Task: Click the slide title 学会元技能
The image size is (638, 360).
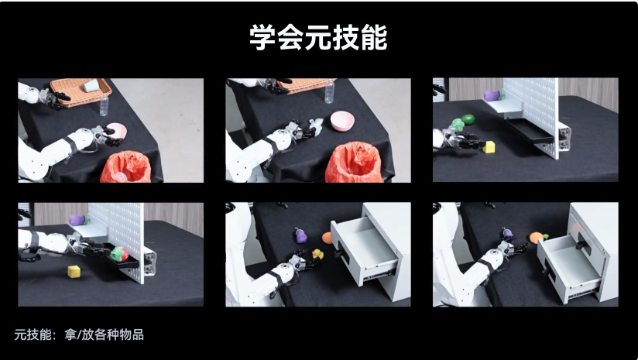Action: tap(318, 37)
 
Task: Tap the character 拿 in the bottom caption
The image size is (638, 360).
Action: tap(70, 334)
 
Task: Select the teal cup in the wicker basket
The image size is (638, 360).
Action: tap(91, 86)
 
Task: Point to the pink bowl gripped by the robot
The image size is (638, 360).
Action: tap(116, 132)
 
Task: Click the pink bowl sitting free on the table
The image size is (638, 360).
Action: tap(342, 121)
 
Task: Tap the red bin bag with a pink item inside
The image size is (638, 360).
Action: tap(126, 166)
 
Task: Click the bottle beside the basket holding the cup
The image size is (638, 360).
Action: tap(105, 105)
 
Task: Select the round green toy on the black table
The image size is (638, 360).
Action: tap(468, 119)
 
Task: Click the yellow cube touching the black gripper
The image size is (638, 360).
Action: tap(489, 147)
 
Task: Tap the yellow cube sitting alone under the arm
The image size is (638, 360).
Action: tap(74, 271)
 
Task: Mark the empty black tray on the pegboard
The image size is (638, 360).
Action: tap(530, 131)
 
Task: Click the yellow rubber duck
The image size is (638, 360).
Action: tap(317, 254)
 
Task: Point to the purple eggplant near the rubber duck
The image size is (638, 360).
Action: tap(300, 236)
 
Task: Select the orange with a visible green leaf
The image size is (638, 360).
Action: tap(538, 237)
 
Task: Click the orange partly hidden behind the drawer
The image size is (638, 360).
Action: tap(328, 238)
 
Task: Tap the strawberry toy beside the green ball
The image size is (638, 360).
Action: tap(458, 125)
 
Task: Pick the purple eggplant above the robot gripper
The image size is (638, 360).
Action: tap(508, 234)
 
